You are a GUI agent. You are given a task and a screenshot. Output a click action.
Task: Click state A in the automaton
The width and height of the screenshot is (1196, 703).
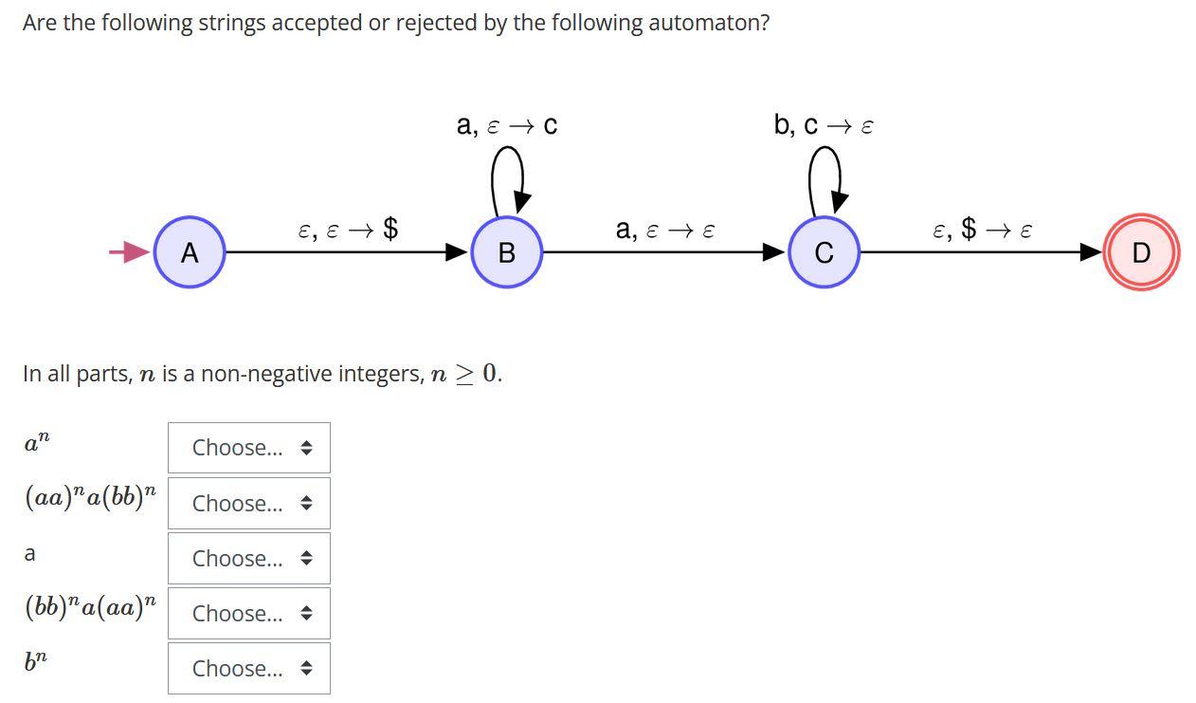pyautogui.click(x=190, y=252)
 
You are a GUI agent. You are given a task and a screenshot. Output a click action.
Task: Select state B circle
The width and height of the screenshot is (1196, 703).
pyautogui.click(x=506, y=252)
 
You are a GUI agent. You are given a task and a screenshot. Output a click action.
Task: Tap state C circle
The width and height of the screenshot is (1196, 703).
pyautogui.click(x=824, y=252)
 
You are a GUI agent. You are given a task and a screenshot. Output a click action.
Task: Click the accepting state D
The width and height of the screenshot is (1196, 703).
pyautogui.click(x=1141, y=252)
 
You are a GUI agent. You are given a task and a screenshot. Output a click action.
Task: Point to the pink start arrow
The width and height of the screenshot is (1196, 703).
pyautogui.click(x=129, y=251)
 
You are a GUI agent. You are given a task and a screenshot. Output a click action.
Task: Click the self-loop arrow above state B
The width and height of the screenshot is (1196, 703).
pyautogui.click(x=509, y=175)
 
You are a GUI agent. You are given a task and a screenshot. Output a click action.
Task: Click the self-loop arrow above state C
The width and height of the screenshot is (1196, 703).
pyautogui.click(x=826, y=175)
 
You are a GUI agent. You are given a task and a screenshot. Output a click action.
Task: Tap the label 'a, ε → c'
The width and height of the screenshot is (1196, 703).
pyautogui.click(x=507, y=125)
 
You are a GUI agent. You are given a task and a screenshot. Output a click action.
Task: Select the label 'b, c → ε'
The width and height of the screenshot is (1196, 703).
pyautogui.click(x=824, y=125)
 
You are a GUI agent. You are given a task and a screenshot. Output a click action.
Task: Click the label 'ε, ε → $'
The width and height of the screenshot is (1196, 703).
pyautogui.click(x=348, y=229)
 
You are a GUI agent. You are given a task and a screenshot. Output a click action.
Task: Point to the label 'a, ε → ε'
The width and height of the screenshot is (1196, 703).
pyautogui.click(x=665, y=229)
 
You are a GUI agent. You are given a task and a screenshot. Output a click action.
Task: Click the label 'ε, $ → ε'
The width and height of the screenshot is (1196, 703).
pyautogui.click(x=982, y=229)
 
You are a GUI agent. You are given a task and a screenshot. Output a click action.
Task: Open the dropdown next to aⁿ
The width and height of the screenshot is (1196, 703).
pyautogui.click(x=249, y=448)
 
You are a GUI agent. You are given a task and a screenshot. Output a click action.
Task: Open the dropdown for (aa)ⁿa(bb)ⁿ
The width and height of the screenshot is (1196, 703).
pyautogui.click(x=249, y=503)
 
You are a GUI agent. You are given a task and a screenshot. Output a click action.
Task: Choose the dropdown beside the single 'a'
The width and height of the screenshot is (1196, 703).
pyautogui.click(x=249, y=558)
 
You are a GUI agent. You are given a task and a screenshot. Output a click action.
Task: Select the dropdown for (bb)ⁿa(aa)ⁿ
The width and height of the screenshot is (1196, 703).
pyautogui.click(x=249, y=613)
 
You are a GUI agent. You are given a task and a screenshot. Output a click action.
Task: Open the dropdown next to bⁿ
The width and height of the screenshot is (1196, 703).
pyautogui.click(x=249, y=668)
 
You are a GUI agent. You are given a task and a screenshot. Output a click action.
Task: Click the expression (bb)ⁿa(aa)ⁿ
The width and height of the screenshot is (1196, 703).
pyautogui.click(x=91, y=607)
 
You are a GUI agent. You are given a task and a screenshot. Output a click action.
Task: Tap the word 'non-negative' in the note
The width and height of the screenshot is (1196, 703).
pyautogui.click(x=264, y=374)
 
